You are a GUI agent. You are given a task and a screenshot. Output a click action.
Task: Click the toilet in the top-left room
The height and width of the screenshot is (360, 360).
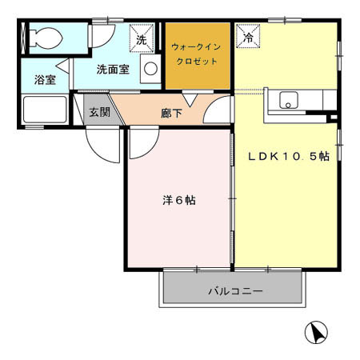pos(45,37)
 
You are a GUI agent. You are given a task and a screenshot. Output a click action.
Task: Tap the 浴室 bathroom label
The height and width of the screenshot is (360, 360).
pos(44,80)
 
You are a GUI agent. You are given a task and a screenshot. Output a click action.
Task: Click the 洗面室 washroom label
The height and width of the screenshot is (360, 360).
pos(113,70)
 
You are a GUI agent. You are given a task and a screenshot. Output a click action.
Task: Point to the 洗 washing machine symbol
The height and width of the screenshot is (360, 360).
pos(141,37)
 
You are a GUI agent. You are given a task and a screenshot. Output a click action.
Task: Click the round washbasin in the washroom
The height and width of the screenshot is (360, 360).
pos(150,70)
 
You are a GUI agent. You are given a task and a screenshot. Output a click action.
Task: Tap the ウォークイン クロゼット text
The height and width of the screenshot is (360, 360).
pos(197,54)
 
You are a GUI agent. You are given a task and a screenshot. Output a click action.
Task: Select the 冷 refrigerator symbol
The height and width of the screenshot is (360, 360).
pos(247,37)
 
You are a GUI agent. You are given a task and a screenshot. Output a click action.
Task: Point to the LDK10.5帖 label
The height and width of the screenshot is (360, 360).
pos(289,157)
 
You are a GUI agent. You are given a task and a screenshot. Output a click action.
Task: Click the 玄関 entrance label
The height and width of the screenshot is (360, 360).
pos(99,111)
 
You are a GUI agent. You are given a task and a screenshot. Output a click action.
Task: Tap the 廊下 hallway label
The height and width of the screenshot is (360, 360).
pos(171,113)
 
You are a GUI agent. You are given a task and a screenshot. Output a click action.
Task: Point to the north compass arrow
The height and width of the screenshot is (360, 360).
pos(317,332)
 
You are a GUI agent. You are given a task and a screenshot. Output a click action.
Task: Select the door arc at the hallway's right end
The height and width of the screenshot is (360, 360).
pos(217,114)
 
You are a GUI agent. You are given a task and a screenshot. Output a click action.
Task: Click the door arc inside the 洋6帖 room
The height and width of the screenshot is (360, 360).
pos(141,144)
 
